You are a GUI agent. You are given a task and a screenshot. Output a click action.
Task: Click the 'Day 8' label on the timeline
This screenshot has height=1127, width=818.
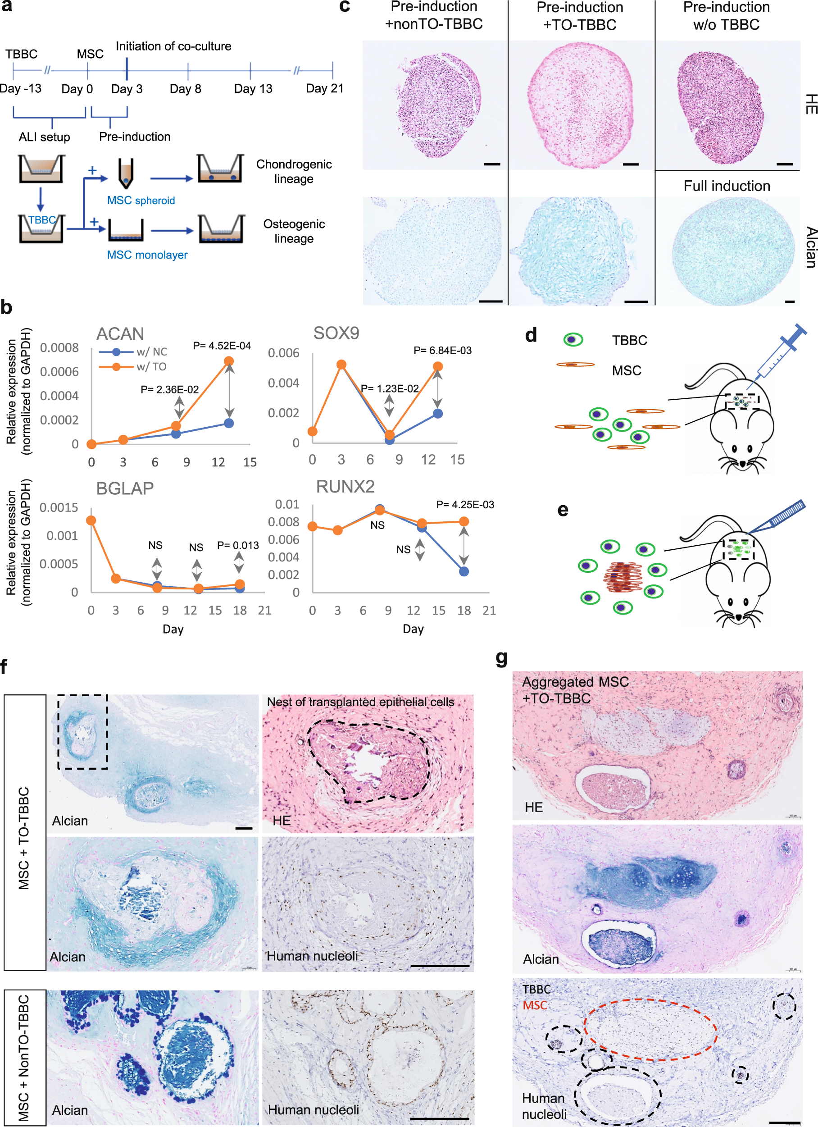185,89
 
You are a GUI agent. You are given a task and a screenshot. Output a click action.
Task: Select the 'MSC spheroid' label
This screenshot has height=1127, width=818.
141,200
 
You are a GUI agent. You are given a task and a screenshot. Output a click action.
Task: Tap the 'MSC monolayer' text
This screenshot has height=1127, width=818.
147,255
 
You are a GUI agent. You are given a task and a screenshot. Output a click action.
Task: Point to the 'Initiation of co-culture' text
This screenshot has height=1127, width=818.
173,46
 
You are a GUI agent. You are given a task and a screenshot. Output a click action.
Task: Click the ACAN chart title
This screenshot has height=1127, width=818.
120,334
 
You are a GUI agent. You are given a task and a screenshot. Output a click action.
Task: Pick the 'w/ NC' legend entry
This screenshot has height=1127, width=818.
151,352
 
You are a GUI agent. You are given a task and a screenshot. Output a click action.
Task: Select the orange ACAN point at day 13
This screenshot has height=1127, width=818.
228,361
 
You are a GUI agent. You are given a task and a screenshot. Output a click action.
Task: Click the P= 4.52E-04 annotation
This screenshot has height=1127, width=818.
222,346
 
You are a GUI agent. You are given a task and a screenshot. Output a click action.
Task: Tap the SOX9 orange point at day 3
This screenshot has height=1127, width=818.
341,365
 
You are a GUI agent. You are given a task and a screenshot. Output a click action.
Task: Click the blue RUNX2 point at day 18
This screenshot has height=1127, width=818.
464,571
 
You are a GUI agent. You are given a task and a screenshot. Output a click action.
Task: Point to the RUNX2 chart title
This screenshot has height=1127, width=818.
345,487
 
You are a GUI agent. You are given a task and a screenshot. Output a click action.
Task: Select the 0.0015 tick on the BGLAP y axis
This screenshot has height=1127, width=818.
59,508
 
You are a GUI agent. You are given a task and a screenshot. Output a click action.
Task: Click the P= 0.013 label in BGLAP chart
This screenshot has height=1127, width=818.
238,545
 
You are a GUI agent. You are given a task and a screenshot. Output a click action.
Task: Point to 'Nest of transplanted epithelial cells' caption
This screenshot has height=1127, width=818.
360,702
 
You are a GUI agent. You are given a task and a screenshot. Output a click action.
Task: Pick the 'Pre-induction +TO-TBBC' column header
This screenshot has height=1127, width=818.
580,16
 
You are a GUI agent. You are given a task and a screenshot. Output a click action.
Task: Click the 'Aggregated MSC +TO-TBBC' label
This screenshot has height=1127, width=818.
575,690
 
